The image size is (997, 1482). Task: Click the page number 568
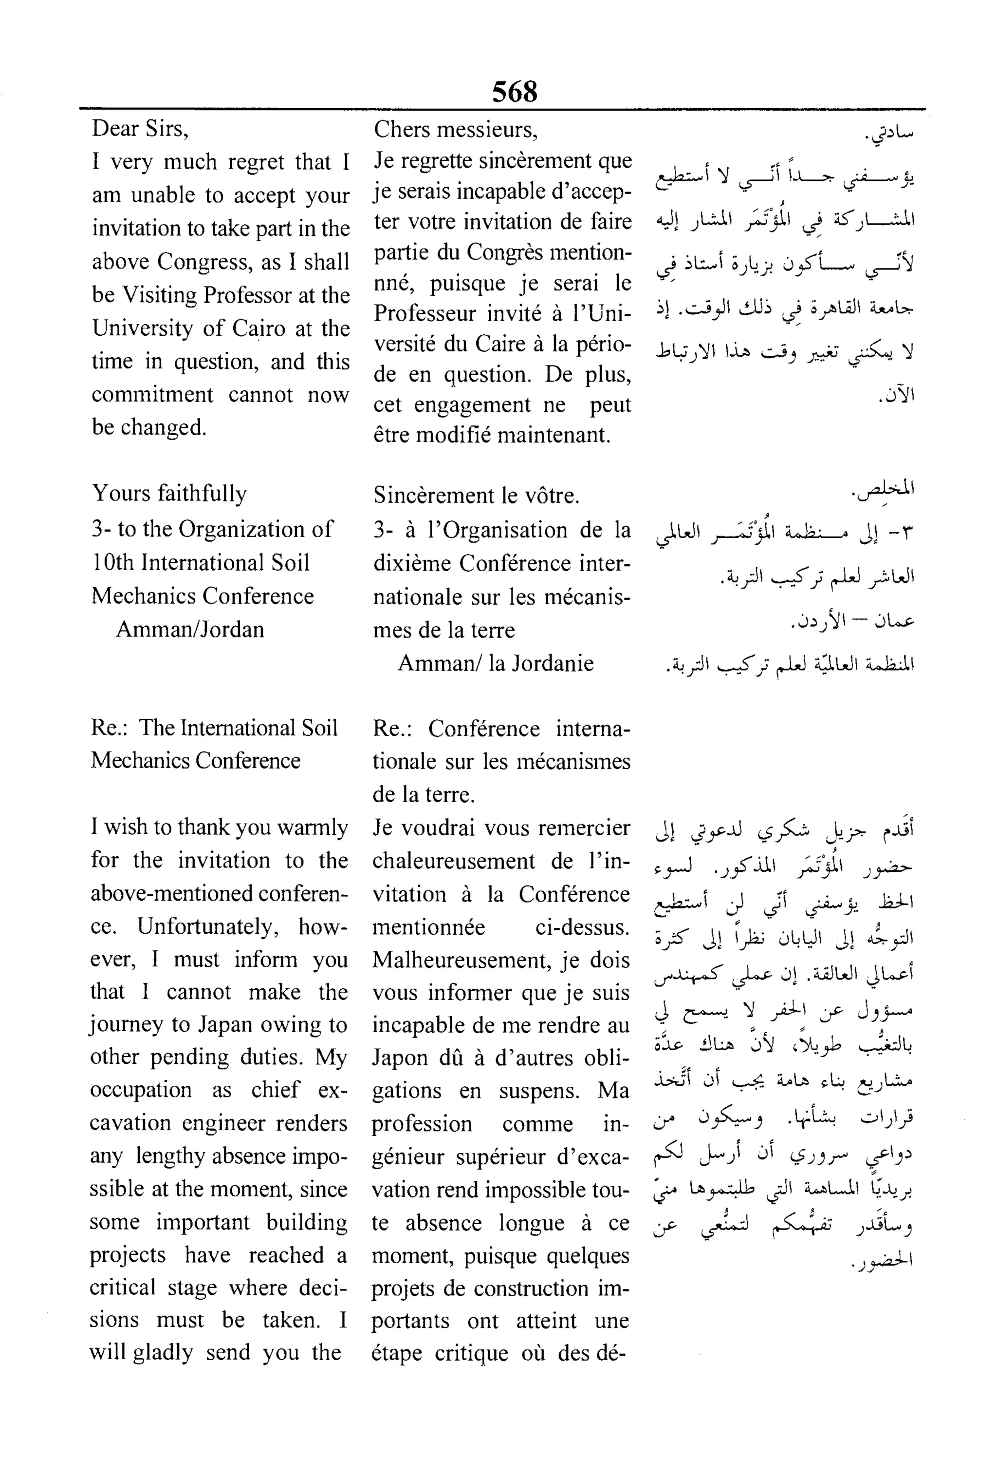point(515,92)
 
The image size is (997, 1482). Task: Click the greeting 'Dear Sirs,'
point(140,129)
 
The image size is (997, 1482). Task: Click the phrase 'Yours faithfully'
point(169,494)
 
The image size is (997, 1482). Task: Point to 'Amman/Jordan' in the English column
point(189,629)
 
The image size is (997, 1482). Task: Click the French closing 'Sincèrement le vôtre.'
point(476,495)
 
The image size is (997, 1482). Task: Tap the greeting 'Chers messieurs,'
point(455,130)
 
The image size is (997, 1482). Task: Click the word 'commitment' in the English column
point(152,395)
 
